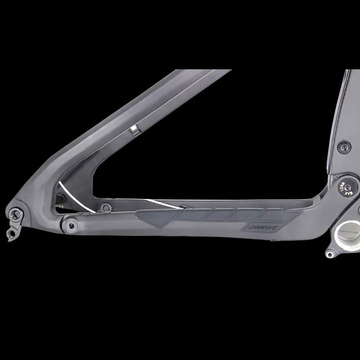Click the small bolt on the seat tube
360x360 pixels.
344,146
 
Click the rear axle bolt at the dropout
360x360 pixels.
17,212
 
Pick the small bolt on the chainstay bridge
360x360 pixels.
105,207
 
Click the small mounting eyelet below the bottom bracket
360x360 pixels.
330,254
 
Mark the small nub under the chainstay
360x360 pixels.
272,240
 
